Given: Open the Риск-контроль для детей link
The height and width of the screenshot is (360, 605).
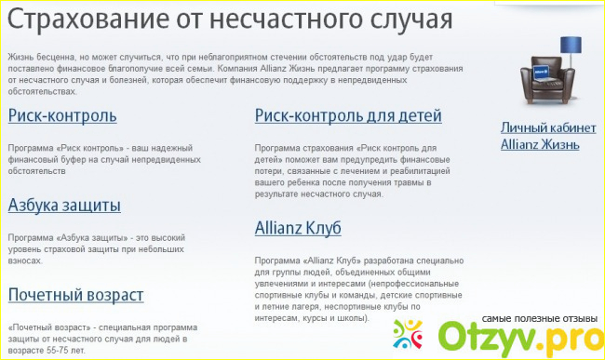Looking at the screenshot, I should tap(348, 116).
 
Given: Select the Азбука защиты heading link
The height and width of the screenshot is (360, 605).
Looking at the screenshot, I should tap(64, 206).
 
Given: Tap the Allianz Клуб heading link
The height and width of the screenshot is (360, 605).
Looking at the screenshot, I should tap(298, 228).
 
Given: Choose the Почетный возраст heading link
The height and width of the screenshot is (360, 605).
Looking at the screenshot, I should tap(75, 295).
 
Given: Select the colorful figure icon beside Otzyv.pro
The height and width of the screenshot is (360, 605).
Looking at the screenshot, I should tap(410, 334).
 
